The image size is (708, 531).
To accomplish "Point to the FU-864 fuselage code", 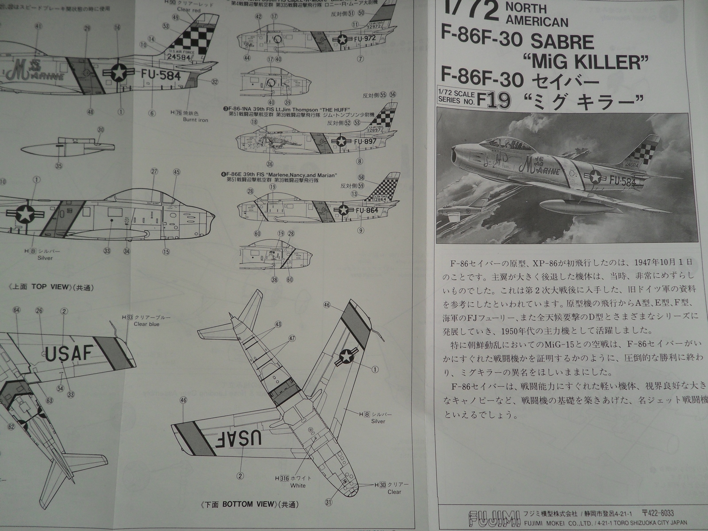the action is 366,211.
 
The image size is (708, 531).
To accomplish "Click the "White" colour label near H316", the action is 298,485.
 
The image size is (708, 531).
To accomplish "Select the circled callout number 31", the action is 328,502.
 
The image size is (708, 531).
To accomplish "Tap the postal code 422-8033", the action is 660,513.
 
